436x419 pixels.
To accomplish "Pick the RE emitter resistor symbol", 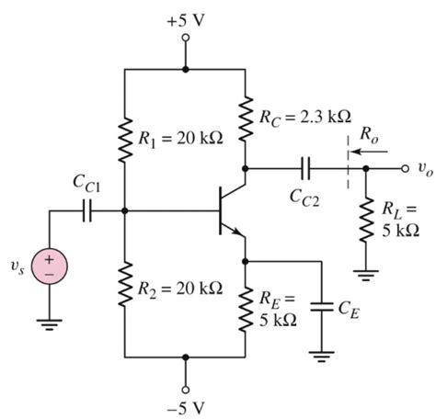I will point(247,308).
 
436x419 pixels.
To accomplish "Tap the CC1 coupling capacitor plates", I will point(88,211).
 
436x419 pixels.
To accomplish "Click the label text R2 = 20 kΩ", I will point(181,288).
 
